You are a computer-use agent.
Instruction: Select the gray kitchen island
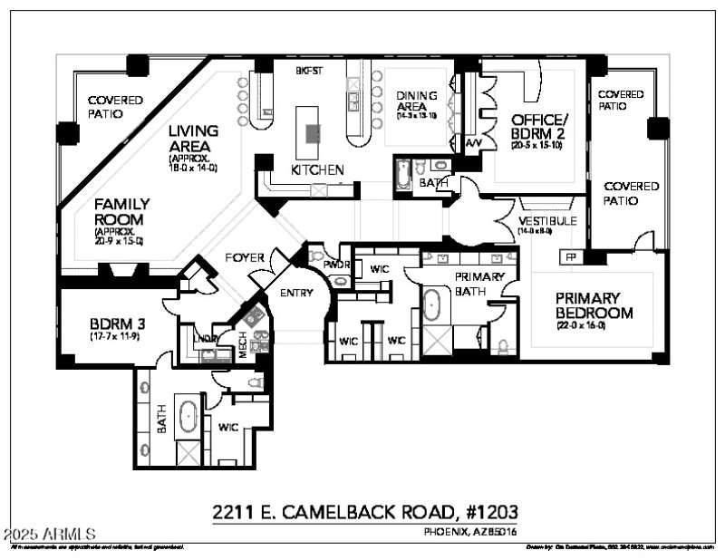coord(313,133)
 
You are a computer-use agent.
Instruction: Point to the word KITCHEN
coord(317,169)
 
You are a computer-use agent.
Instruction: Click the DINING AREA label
coord(417,101)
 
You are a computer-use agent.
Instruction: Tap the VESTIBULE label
coord(547,221)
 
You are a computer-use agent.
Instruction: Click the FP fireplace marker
coord(571,256)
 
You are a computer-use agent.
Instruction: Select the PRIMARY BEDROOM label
coord(587,305)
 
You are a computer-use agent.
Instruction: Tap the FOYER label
coord(245,258)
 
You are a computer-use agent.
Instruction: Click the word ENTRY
coord(297,293)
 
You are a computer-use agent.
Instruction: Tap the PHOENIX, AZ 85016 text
coord(470,531)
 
